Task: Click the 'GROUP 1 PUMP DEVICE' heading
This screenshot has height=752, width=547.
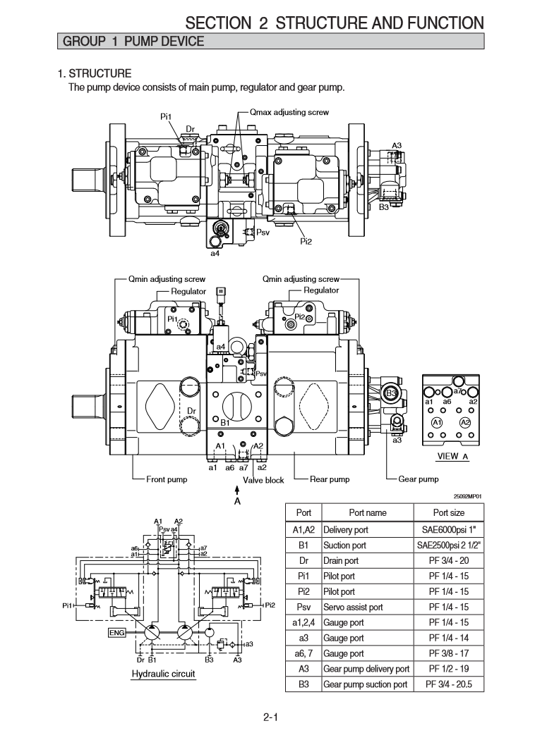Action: [x=134, y=42]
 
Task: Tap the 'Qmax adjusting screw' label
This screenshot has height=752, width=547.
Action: [x=289, y=112]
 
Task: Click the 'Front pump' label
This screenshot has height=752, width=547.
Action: [x=167, y=480]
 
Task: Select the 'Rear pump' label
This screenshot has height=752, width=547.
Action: [x=330, y=480]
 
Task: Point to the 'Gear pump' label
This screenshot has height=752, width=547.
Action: [x=419, y=480]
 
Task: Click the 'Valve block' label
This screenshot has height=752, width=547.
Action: [x=263, y=481]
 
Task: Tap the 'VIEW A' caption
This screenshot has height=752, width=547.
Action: [x=453, y=456]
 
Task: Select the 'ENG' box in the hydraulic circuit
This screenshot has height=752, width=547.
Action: [x=116, y=632]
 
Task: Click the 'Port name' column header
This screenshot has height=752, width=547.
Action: [x=368, y=513]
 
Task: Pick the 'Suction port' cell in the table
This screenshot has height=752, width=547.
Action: [x=345, y=545]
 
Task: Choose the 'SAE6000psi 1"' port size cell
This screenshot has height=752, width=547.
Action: [x=448, y=530]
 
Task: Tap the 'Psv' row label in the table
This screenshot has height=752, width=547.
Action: [x=303, y=607]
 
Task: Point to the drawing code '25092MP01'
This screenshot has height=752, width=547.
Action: [x=468, y=495]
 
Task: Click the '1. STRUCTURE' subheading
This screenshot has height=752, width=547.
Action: [x=95, y=73]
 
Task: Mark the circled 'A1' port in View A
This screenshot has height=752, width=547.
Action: [x=437, y=422]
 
